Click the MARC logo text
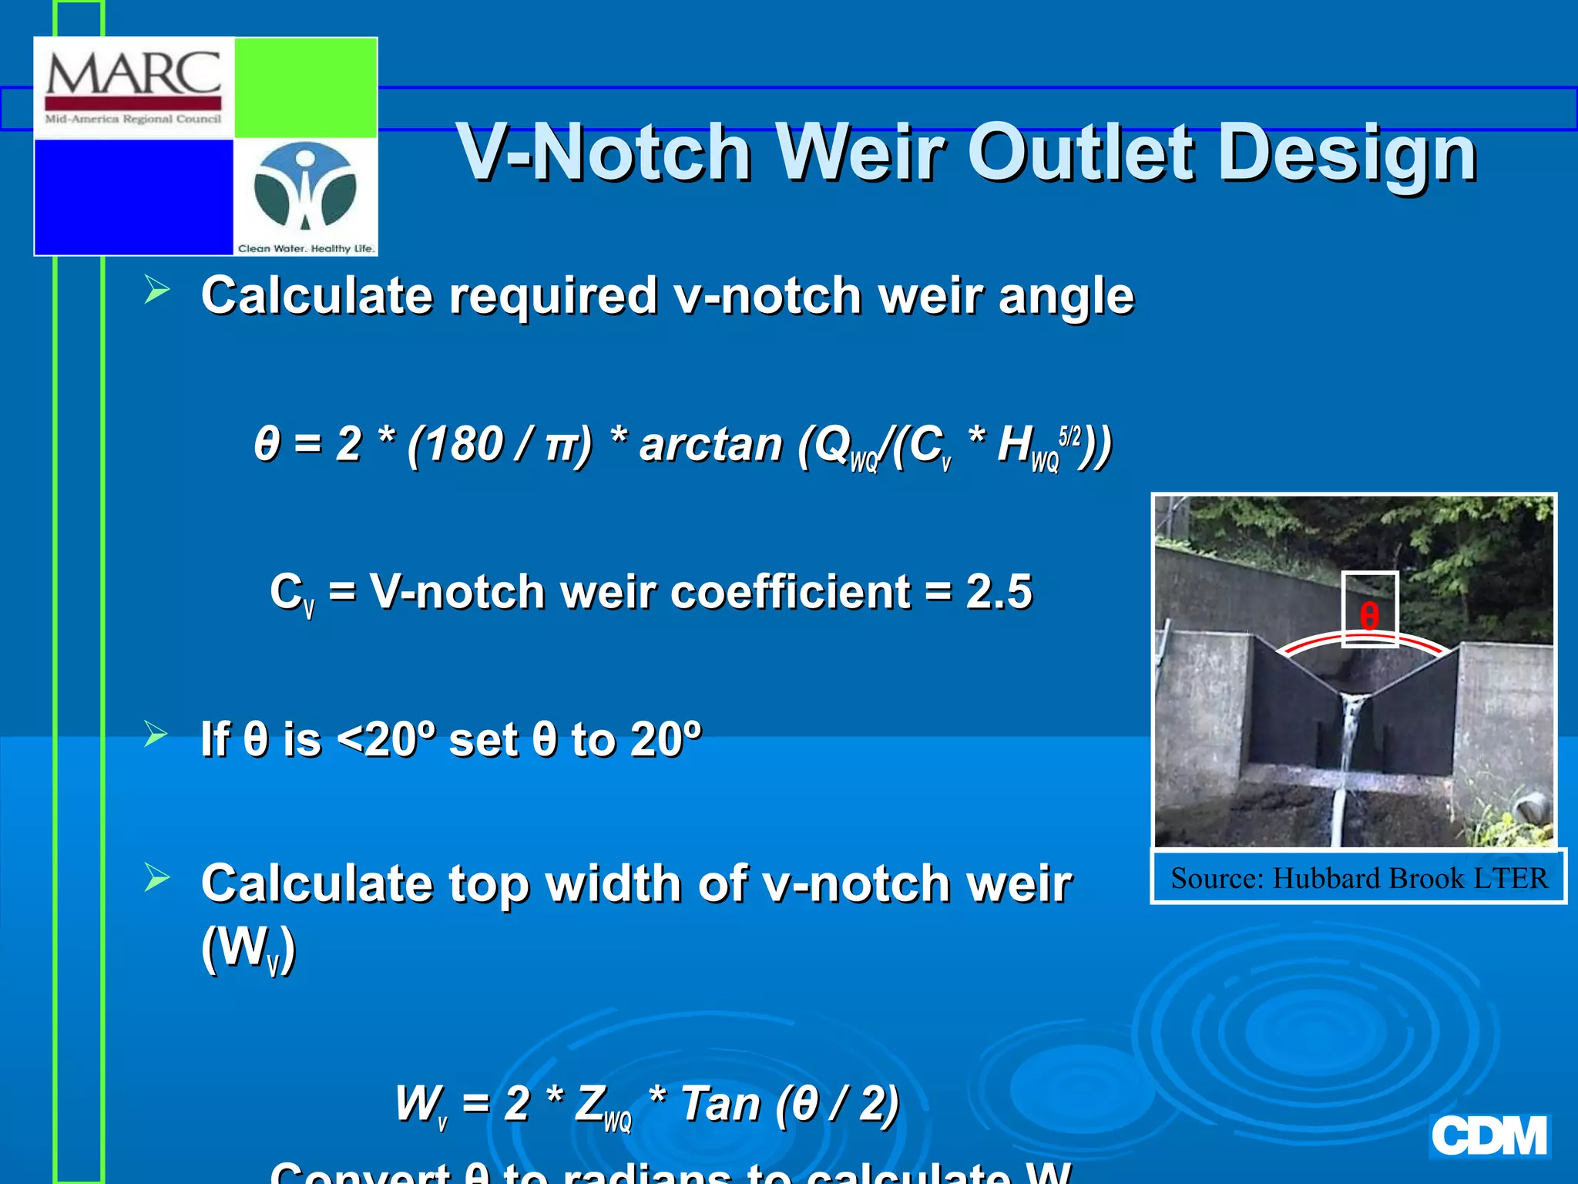tap(133, 74)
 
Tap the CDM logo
tap(1489, 1135)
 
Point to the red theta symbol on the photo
tap(1369, 617)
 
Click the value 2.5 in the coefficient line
tap(999, 592)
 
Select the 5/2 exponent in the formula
tap(1070, 436)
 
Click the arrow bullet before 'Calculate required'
tap(156, 290)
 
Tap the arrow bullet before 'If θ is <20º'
tap(156, 734)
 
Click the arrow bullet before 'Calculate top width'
tap(156, 877)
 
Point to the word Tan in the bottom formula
tap(720, 1103)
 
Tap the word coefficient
tap(789, 592)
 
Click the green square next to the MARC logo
tap(305, 87)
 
